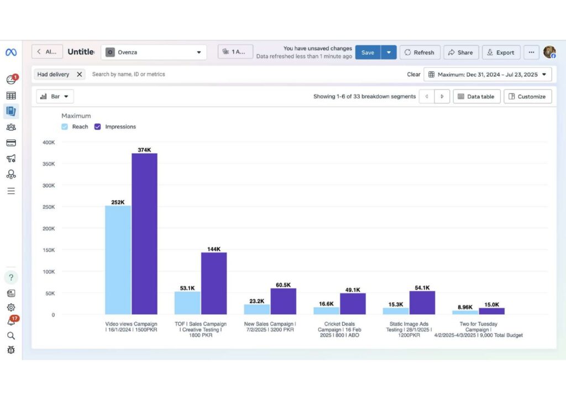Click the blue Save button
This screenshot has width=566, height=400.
pyautogui.click(x=368, y=52)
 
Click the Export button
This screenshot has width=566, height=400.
pyautogui.click(x=501, y=52)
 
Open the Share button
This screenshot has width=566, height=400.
pyautogui.click(x=460, y=52)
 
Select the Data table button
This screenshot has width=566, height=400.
pyautogui.click(x=476, y=96)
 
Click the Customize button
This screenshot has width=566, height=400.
pyautogui.click(x=527, y=96)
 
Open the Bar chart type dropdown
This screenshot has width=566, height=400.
pyautogui.click(x=55, y=96)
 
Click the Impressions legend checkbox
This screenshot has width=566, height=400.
pyautogui.click(x=97, y=127)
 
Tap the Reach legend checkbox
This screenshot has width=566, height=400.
pyautogui.click(x=65, y=127)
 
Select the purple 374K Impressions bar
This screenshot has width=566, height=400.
pyautogui.click(x=144, y=234)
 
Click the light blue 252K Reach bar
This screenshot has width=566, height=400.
pyautogui.click(x=118, y=260)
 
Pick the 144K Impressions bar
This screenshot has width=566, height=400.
pyautogui.click(x=214, y=283)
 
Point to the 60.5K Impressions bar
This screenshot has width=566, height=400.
pyautogui.click(x=284, y=302)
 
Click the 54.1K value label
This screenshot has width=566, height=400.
pyautogui.click(x=422, y=287)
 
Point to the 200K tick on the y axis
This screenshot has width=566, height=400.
pyautogui.click(x=49, y=228)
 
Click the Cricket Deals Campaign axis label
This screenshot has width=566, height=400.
pyautogui.click(x=339, y=329)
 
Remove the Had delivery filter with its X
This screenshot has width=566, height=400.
pyautogui.click(x=80, y=74)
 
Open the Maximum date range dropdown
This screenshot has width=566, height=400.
pyautogui.click(x=488, y=74)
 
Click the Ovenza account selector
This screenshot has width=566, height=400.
pyautogui.click(x=154, y=52)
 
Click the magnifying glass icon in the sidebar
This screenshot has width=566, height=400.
pyautogui.click(x=11, y=336)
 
